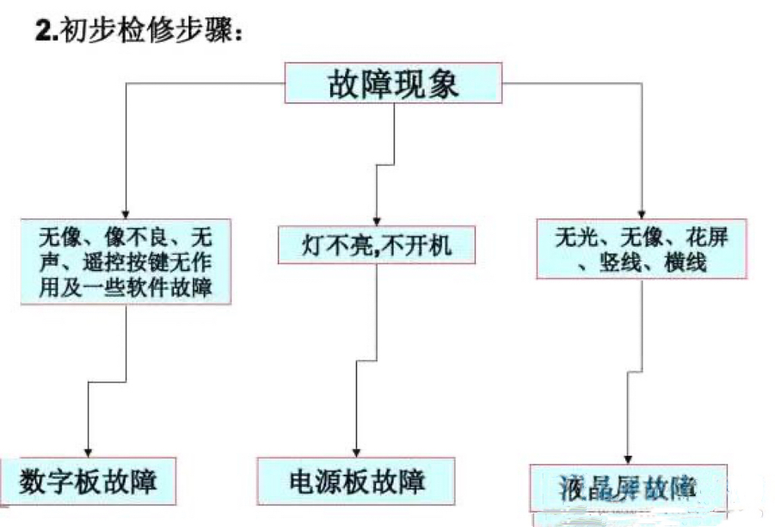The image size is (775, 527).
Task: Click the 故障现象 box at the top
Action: pos(392,83)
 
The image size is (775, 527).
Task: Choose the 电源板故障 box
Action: pos(356,482)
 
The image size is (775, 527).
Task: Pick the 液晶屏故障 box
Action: pos(628,487)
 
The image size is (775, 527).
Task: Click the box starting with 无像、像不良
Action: pos(126,262)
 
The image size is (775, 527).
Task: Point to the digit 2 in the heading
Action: pos(44,32)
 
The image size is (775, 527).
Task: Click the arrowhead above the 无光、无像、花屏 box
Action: pos(642,214)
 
